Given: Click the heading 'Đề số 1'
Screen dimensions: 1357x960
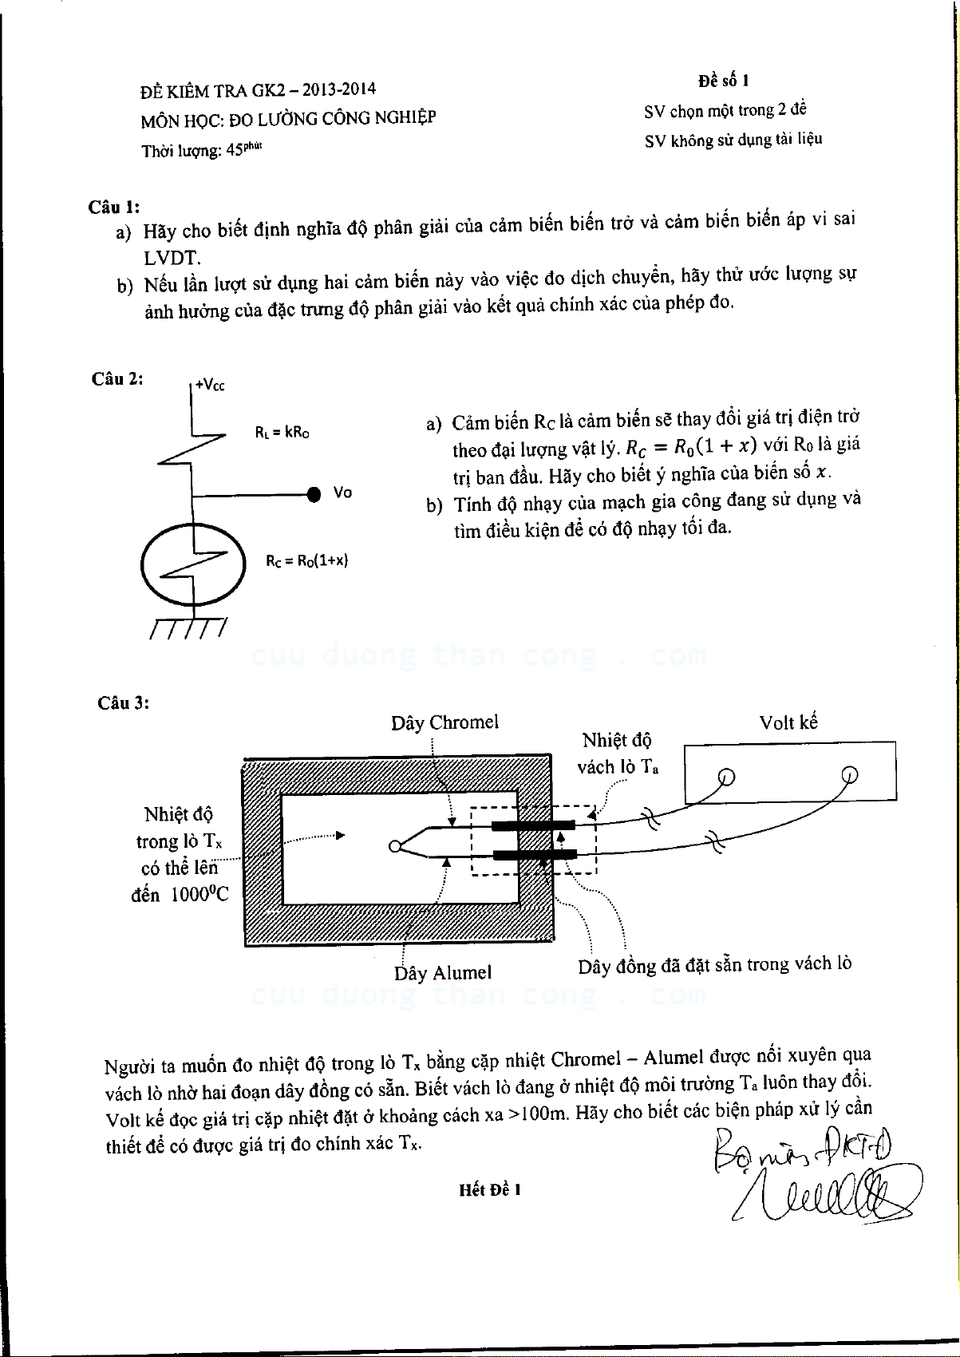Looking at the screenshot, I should click(x=723, y=81).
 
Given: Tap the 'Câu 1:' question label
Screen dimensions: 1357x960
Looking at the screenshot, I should click(x=113, y=207).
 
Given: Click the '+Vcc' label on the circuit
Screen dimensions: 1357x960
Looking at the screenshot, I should click(x=210, y=385).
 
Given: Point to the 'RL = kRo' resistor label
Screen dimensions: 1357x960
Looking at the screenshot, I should click(x=282, y=433).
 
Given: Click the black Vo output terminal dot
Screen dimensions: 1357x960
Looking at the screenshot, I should click(x=315, y=494).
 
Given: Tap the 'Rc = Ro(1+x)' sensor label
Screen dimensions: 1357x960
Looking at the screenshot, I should click(x=307, y=560).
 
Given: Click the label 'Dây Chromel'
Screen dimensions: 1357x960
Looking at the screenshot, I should click(x=444, y=722).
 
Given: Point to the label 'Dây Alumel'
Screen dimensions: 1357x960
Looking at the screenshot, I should click(x=442, y=973).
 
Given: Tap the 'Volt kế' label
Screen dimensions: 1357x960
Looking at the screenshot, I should click(x=788, y=722).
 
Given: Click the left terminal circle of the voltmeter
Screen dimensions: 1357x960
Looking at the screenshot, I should click(x=725, y=776).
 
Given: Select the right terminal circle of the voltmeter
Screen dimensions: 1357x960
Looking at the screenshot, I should click(x=850, y=773).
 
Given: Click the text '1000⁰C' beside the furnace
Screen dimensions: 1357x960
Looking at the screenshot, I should click(x=199, y=895).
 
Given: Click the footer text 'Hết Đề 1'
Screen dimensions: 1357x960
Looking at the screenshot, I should click(x=490, y=1189).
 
